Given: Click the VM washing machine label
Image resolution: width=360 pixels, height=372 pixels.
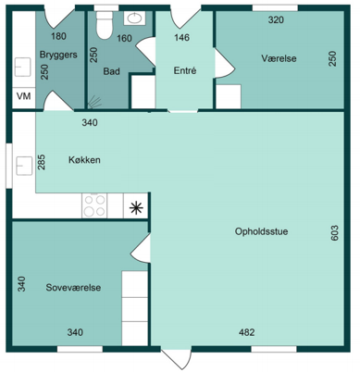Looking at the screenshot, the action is [24, 96].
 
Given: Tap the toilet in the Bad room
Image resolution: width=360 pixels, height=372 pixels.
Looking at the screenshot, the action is [104, 25].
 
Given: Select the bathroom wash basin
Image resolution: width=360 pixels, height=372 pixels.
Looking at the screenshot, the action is [134, 19].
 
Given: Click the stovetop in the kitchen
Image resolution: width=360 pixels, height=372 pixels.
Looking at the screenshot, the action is [94, 205].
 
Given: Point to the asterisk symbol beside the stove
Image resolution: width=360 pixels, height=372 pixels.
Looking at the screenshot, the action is [136, 208].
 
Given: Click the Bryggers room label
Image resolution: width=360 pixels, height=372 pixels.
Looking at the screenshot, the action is [58, 56].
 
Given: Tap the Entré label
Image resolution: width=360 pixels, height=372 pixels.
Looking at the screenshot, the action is [185, 70].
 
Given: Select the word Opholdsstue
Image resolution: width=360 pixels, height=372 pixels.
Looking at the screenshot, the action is [261, 231].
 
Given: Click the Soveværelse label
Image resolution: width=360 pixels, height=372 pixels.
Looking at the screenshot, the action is [73, 288].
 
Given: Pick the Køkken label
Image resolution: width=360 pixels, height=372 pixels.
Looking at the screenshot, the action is [84, 160].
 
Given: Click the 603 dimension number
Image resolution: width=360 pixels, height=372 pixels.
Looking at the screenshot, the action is [334, 233].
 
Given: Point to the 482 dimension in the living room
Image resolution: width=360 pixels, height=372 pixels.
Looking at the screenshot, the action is [247, 332].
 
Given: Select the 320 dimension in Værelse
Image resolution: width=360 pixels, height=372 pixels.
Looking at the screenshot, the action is [276, 20].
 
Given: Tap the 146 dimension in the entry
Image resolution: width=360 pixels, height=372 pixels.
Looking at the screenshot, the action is [181, 38].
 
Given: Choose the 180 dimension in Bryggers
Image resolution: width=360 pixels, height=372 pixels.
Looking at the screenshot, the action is [58, 36].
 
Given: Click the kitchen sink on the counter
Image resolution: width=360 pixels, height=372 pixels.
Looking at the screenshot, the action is [24, 166].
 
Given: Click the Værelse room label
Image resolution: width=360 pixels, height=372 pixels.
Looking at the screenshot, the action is [279, 58].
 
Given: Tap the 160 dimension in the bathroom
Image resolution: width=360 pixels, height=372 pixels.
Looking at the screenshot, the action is [124, 39].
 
